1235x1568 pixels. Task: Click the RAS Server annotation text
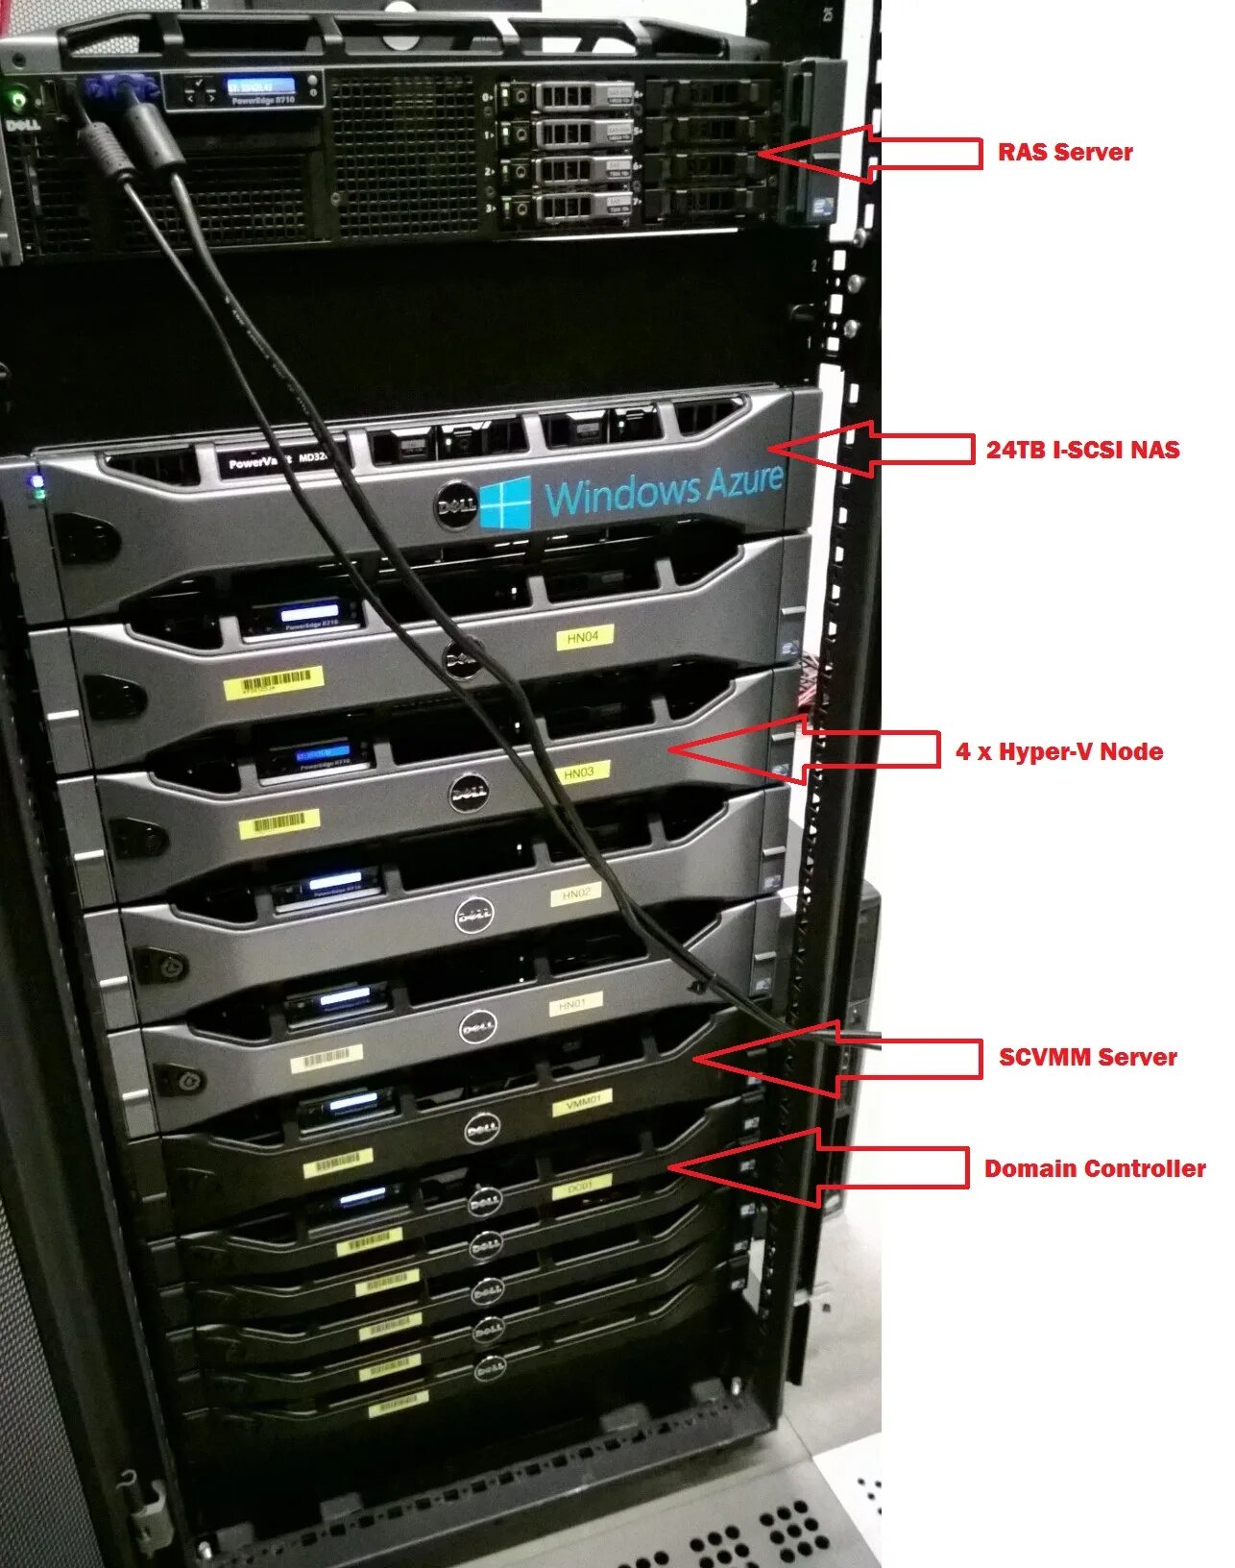click(x=1065, y=152)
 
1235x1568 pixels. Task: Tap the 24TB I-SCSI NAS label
click(x=1082, y=450)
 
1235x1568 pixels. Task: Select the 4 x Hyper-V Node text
click(x=1059, y=751)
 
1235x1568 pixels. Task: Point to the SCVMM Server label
click(x=1087, y=1057)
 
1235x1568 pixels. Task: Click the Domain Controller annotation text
click(x=1095, y=1168)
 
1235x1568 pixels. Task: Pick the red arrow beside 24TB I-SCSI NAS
click(x=869, y=449)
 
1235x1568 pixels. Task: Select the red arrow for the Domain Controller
click(x=816, y=1167)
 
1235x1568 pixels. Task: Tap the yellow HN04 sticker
click(x=583, y=637)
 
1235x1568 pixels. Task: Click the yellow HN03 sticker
click(x=579, y=772)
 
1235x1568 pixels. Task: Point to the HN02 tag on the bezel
click(x=576, y=894)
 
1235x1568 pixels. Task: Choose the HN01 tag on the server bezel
click(x=573, y=1005)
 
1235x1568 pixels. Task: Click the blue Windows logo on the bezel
click(x=505, y=502)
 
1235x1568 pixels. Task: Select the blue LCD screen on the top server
click(x=260, y=87)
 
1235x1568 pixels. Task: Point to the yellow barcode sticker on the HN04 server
click(x=275, y=683)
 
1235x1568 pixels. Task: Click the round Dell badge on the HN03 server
click(x=469, y=793)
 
